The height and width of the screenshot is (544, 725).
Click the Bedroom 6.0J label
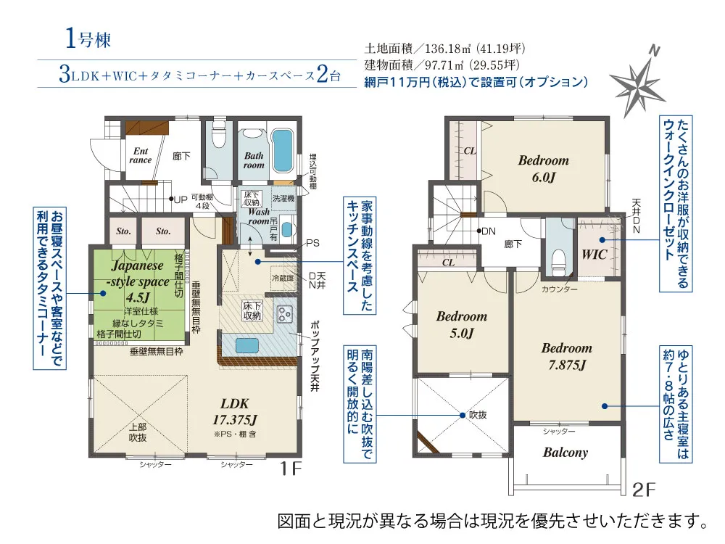[x=543, y=169]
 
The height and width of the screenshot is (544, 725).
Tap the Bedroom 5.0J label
[x=462, y=324]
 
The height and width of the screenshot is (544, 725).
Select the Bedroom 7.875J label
[x=567, y=356]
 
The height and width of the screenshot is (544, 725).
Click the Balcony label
[x=565, y=453]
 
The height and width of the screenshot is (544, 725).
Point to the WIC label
[x=594, y=254]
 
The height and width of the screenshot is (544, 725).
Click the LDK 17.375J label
[x=235, y=411]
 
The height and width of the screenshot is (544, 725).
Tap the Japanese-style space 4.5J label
[x=138, y=281]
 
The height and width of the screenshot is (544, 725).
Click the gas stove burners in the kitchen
[x=284, y=314]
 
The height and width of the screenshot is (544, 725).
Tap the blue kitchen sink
[x=247, y=345]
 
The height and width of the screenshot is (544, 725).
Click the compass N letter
[x=654, y=51]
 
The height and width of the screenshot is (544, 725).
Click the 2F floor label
[x=644, y=490]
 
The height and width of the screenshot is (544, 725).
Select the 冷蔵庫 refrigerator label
[x=283, y=278]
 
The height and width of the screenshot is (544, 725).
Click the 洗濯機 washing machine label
[x=283, y=199]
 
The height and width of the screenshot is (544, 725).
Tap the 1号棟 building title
[x=88, y=38]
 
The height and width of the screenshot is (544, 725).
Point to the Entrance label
[x=141, y=155]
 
